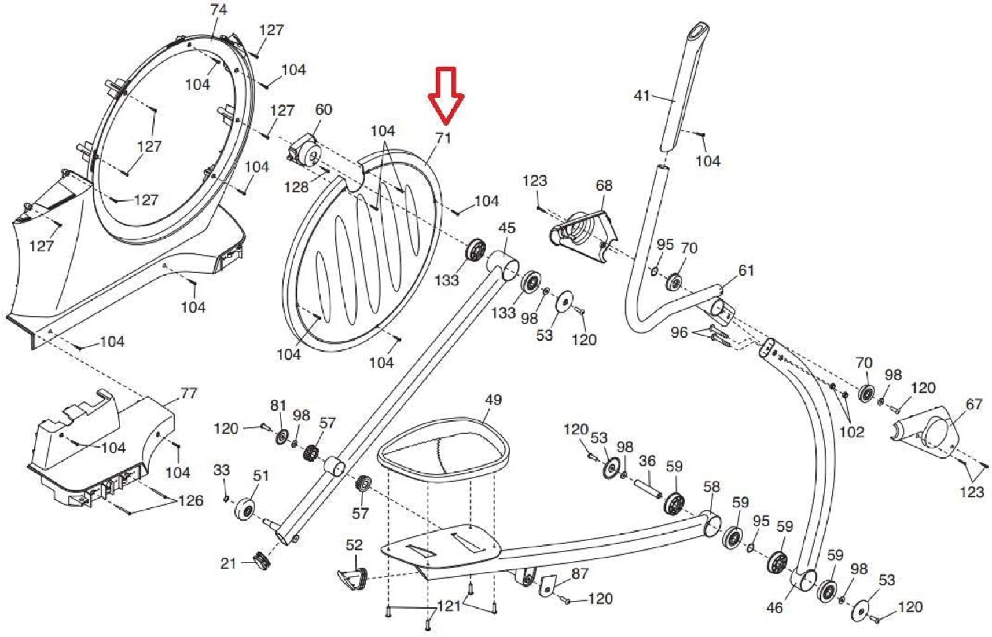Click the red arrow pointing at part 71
tap(445, 96)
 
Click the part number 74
tap(219, 10)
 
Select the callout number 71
tap(443, 138)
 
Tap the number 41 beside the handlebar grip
tap(642, 96)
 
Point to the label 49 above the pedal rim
tap(493, 400)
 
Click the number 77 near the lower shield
tap(189, 394)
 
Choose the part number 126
tap(191, 501)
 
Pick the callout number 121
tap(449, 606)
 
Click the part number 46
tap(774, 607)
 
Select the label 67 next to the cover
tap(974, 404)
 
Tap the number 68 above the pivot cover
tap(604, 185)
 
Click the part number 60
tap(324, 110)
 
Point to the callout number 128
tap(296, 187)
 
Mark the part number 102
tap(851, 432)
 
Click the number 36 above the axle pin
tap(647, 462)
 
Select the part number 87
tap(579, 573)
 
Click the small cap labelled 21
tap(262, 561)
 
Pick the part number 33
tap(222, 470)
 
